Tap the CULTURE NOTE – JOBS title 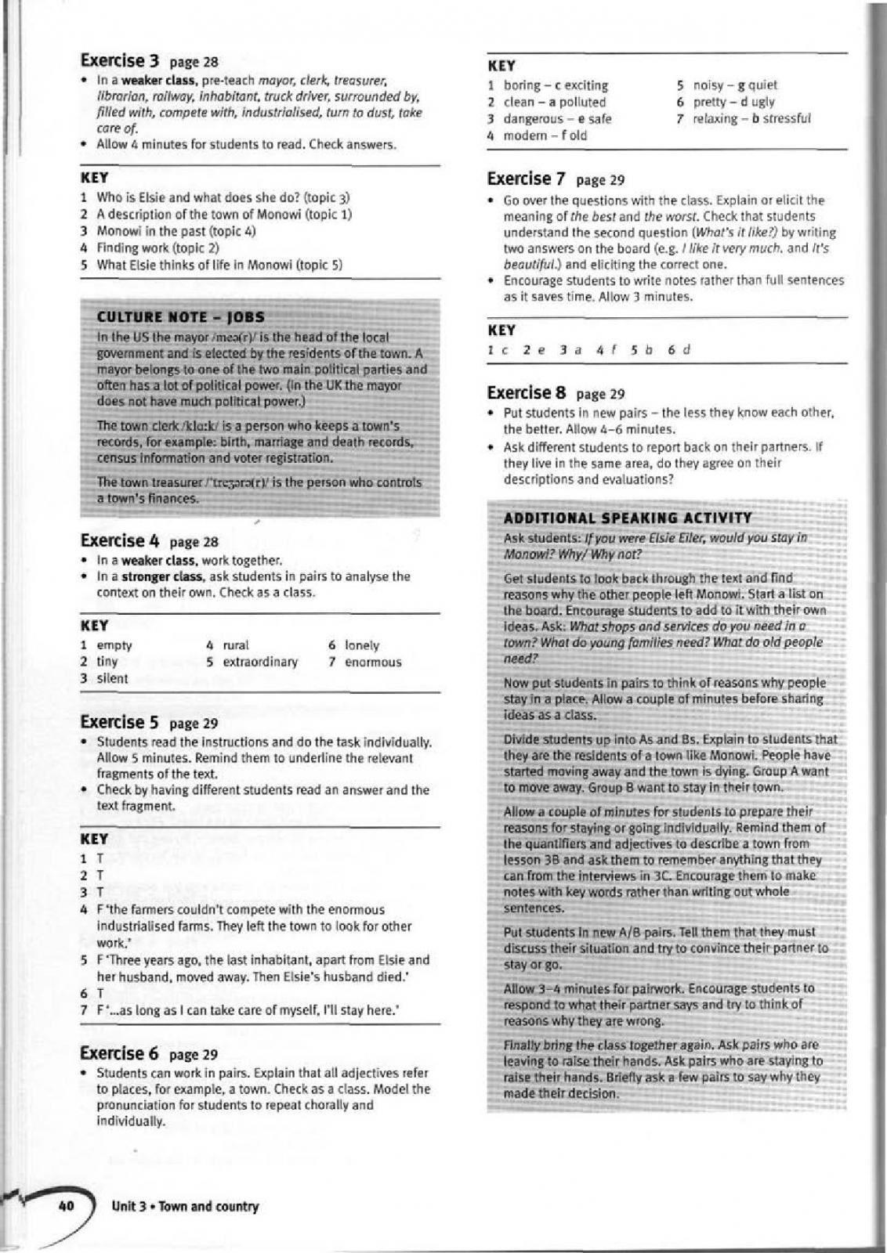click(x=180, y=317)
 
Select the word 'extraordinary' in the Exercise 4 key click(x=261, y=662)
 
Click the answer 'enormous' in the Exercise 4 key click(x=373, y=662)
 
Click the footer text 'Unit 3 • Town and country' click(x=185, y=1206)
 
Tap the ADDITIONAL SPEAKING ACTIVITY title click(x=627, y=518)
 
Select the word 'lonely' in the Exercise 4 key click(x=361, y=645)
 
